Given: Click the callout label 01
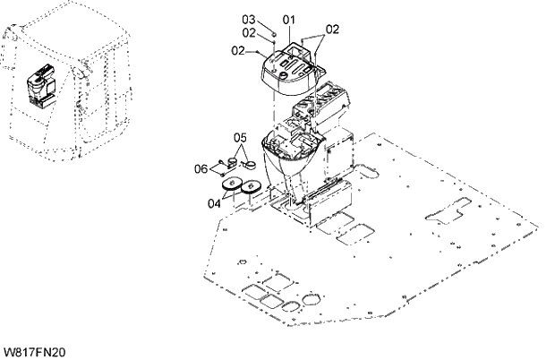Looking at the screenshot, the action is tap(288, 19).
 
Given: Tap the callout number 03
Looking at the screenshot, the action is tap(250, 19).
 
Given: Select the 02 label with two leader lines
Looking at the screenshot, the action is tap(332, 29).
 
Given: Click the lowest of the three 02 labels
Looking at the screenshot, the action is tap(239, 51).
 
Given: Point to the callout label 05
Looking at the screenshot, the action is tap(239, 137).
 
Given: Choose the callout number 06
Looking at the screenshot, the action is tap(201, 167).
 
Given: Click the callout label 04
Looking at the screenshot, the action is tap(215, 203).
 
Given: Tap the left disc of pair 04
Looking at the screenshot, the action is tap(230, 185).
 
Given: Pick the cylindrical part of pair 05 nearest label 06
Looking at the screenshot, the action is tap(230, 162).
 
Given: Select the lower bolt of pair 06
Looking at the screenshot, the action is tap(220, 173).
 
